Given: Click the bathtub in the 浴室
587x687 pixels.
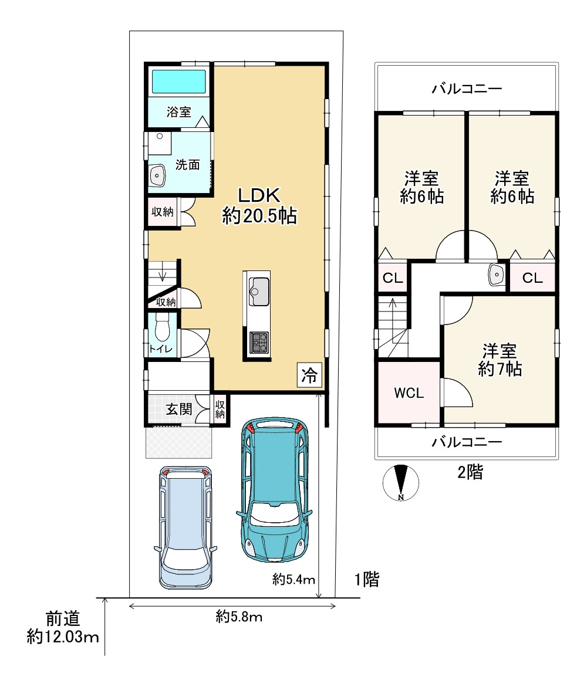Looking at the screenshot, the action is tap(179, 82).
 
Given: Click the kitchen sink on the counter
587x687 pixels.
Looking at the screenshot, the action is tap(259, 292).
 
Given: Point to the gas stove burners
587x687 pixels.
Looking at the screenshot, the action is tap(259, 343).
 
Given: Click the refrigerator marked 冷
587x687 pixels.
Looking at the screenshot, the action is tap(309, 375).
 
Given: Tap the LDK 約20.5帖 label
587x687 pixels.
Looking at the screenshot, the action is tap(259, 205).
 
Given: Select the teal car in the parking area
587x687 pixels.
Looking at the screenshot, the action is tap(275, 490).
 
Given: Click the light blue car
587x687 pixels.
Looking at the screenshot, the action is tap(185, 527).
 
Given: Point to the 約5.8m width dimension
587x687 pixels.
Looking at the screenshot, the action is tap(239, 617).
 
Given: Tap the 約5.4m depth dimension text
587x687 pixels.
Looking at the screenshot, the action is tap(293, 580).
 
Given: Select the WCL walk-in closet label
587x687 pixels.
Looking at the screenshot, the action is tap(409, 393).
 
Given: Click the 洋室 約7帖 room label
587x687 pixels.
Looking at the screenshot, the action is tap(500, 360).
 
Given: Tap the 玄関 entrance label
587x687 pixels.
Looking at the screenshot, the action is tap(179, 409).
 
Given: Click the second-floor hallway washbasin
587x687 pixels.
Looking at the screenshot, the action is tap(496, 275).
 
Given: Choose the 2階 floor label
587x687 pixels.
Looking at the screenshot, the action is tap(470, 472).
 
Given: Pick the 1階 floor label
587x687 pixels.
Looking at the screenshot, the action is tap(366, 580).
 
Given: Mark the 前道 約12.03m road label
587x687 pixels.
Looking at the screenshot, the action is tap(63, 627).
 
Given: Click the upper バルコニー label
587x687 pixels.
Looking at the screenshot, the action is tap(467, 89).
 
